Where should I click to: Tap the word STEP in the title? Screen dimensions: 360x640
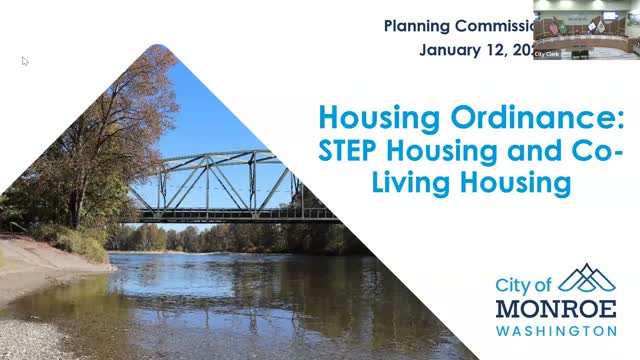(x=350, y=151)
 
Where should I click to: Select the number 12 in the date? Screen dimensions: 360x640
(x=499, y=49)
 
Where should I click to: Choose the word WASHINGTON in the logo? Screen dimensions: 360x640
(x=556, y=330)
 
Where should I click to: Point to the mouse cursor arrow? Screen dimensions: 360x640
(x=25, y=61)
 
